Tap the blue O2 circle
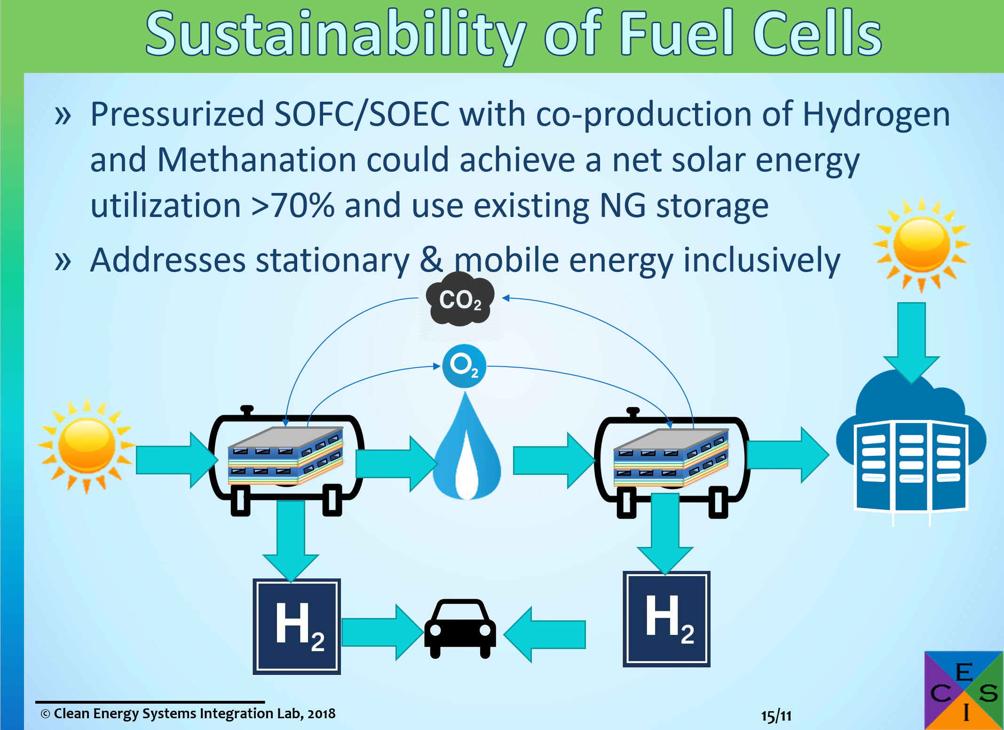pyautogui.click(x=464, y=366)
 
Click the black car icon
pyautogui.click(x=460, y=628)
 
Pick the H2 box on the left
pyautogui.click(x=297, y=626)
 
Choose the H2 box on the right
pyautogui.click(x=666, y=619)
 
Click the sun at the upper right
pyautogui.click(x=921, y=244)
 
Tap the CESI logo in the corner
pyautogui.click(x=964, y=690)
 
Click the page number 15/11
pyautogui.click(x=776, y=716)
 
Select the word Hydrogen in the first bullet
pyautogui.click(x=876, y=115)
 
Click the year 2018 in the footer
pyautogui.click(x=322, y=714)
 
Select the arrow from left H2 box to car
pyautogui.click(x=382, y=632)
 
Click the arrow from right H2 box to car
pyautogui.click(x=545, y=634)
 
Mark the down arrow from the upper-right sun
pyautogui.click(x=911, y=343)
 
